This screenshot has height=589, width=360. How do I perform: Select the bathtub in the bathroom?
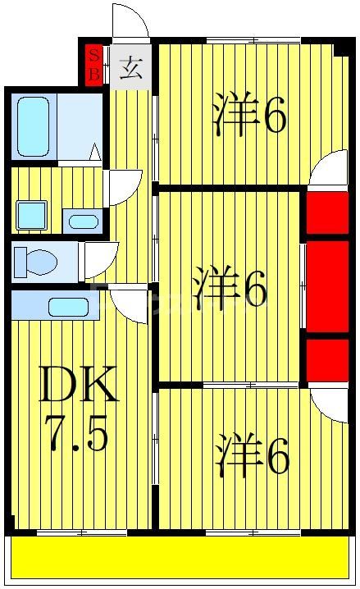[x=34, y=127]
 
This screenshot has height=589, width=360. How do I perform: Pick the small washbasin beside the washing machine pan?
[x=81, y=221]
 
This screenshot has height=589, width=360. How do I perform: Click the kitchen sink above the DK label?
[x=67, y=308]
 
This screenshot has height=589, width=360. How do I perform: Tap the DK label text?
[x=80, y=384]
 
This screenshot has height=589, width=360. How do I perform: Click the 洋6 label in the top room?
[x=249, y=116]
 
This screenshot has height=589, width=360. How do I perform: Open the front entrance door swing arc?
[x=130, y=21]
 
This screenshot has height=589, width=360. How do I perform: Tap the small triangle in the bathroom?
[x=95, y=153]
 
